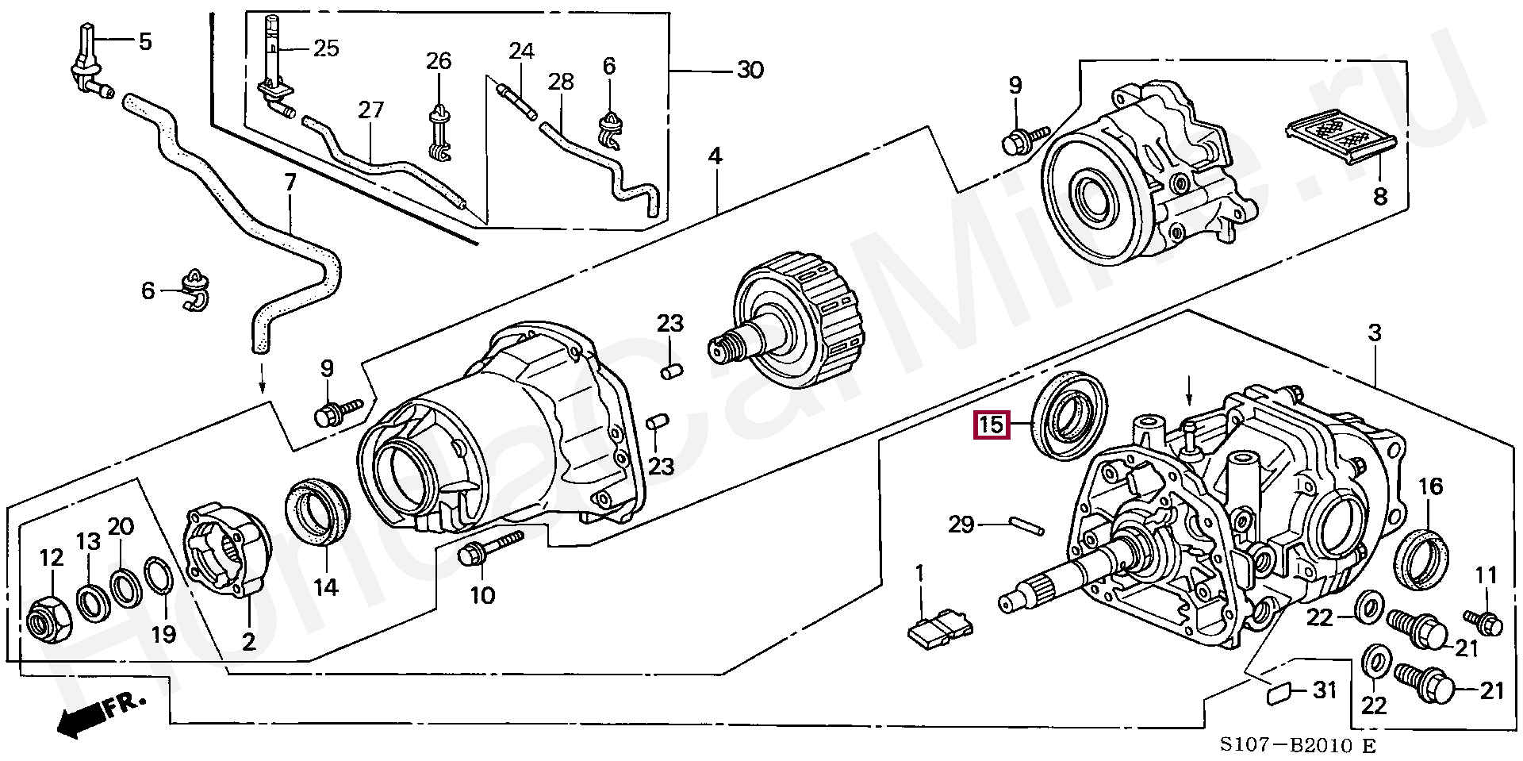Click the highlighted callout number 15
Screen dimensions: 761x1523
(x=991, y=425)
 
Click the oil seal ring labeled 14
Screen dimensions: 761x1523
(x=315, y=513)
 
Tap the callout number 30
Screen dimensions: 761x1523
(x=749, y=71)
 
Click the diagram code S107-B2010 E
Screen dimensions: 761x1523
(x=1296, y=746)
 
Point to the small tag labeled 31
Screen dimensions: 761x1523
(x=1278, y=694)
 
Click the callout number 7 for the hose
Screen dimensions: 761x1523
(x=290, y=184)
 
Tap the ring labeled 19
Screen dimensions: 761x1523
(x=159, y=586)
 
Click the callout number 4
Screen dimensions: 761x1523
(x=715, y=156)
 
